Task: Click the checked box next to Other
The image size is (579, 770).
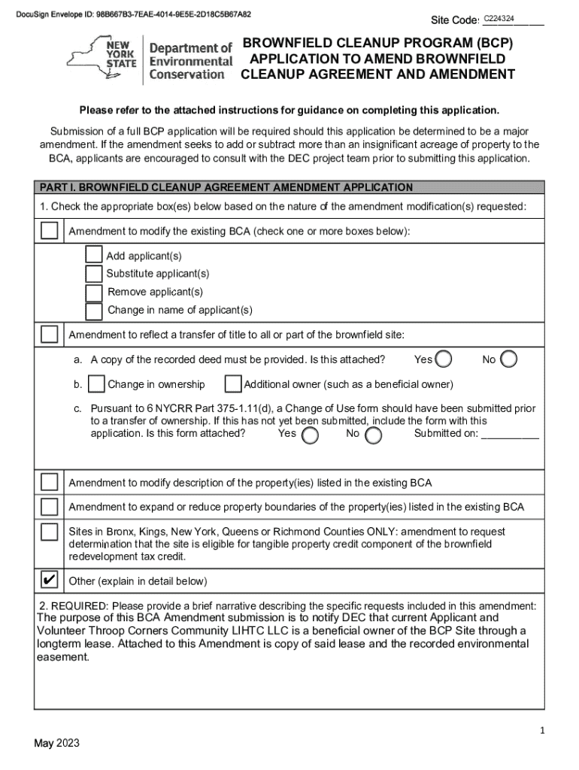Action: [x=50, y=580]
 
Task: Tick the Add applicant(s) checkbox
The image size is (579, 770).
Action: [x=94, y=256]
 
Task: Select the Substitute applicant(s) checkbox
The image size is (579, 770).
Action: [x=94, y=274]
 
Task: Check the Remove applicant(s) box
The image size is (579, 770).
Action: [x=94, y=292]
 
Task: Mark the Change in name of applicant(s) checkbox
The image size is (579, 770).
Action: [x=94, y=310]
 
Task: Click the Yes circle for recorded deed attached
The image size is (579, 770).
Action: [x=444, y=359]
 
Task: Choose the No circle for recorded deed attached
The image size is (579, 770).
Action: [x=509, y=359]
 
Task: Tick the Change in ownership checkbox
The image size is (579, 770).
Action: [x=96, y=384]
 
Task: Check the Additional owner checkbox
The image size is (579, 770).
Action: [x=233, y=384]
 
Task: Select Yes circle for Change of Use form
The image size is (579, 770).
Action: [x=309, y=435]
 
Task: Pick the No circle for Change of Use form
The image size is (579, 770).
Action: [x=373, y=435]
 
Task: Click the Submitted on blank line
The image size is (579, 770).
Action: [x=510, y=434]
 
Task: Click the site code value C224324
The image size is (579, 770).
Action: [x=499, y=17]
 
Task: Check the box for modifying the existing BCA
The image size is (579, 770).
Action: [x=50, y=231]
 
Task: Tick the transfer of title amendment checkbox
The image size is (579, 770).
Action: [x=50, y=334]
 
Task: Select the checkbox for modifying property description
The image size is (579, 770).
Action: [x=50, y=481]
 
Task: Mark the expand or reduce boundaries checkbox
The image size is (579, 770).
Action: [x=50, y=506]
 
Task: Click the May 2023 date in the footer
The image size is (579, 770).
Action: [x=56, y=744]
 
